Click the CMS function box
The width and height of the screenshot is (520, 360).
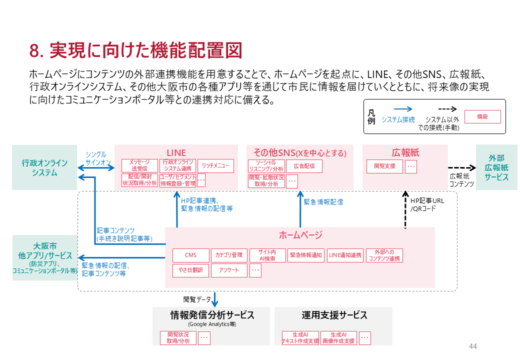(190, 255)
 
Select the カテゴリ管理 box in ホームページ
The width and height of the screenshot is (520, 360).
(229, 255)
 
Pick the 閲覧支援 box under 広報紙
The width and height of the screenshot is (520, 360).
(384, 166)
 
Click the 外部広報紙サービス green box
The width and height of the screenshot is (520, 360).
(496, 167)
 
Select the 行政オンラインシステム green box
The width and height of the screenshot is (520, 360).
(44, 167)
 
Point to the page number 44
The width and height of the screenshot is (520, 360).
(473, 346)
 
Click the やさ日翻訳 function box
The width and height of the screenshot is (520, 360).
(190, 270)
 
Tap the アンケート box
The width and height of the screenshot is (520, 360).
(229, 270)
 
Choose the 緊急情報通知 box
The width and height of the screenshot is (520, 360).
(306, 255)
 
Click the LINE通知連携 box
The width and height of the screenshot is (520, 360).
(345, 255)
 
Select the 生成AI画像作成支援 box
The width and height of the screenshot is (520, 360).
(338, 338)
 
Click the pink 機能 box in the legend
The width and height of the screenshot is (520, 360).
(482, 116)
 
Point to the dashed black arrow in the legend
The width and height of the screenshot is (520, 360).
(441, 108)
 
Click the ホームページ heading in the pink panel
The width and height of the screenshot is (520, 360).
(300, 235)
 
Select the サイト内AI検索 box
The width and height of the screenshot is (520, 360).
(267, 255)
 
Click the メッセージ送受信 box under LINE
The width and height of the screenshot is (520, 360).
(139, 165)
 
